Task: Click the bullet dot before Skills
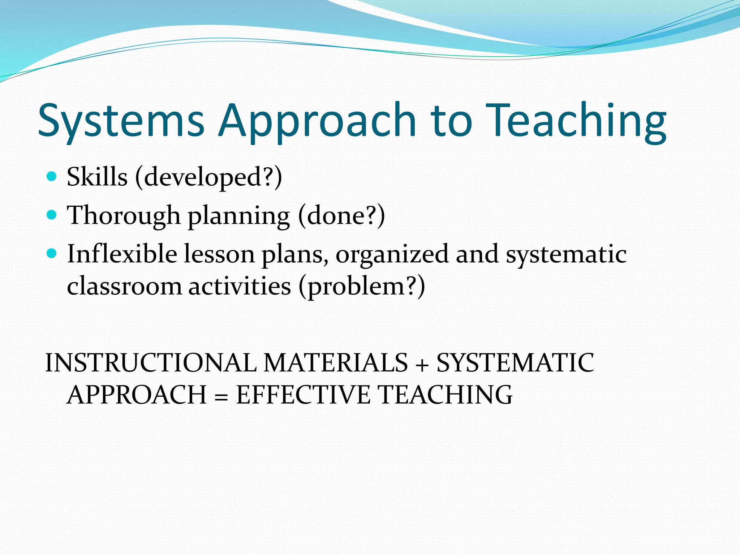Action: click(x=52, y=177)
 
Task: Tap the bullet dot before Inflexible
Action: click(x=52, y=254)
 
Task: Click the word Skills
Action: click(x=97, y=177)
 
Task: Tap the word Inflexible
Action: click(x=122, y=254)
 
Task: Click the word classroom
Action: click(x=124, y=287)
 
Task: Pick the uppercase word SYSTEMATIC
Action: click(x=515, y=363)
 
